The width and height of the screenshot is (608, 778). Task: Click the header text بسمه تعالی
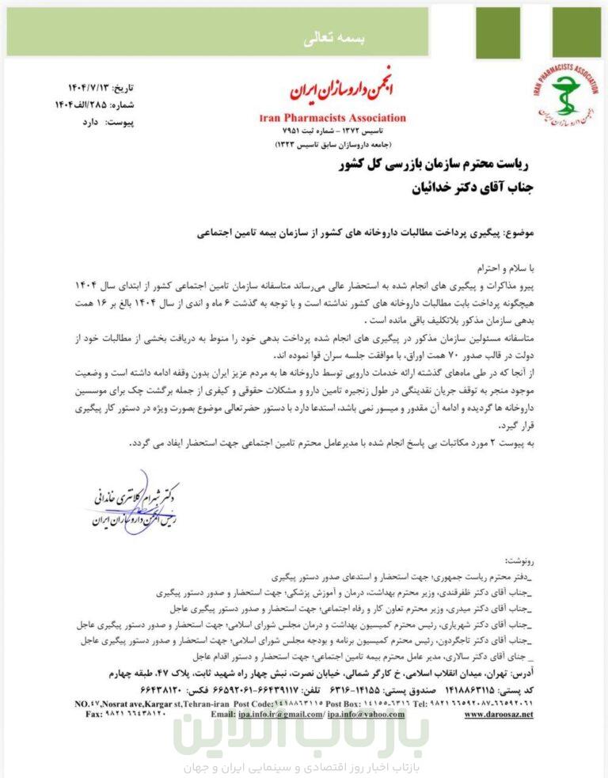coord(303,40)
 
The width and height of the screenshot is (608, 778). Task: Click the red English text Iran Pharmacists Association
coord(332,118)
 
